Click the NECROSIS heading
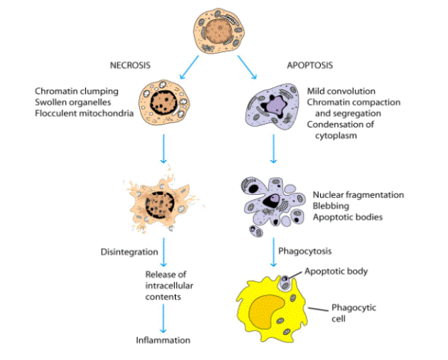point(129,65)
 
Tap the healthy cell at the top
point(220,31)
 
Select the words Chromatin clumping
point(76,91)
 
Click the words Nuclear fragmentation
point(358,195)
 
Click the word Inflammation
point(164,340)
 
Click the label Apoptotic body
point(336,271)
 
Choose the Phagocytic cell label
point(353,313)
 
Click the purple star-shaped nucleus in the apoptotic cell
point(273,107)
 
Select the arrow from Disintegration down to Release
point(164,253)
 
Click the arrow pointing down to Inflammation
point(164,317)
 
